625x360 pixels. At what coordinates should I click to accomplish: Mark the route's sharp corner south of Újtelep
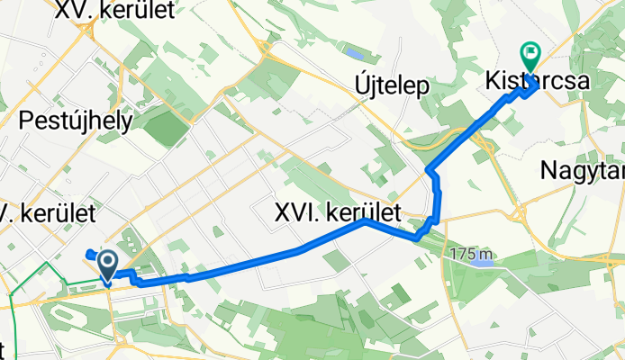coord(428,169)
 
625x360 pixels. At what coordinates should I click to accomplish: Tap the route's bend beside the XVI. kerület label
coord(364,220)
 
